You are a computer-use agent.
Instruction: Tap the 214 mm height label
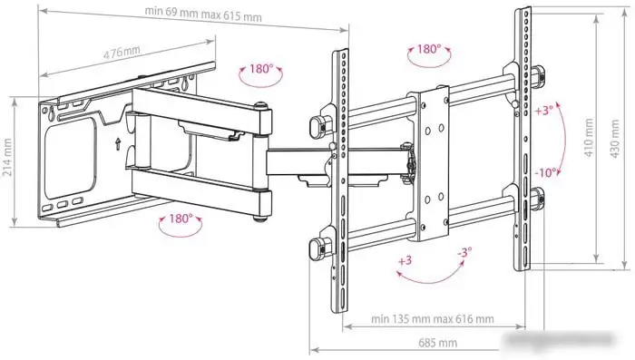coord(9,159)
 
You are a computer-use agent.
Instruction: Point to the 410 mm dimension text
coord(589,137)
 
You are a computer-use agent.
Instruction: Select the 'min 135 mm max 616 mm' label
coord(433,319)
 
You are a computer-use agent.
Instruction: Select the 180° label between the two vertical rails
coord(429,50)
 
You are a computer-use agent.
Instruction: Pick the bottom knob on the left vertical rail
coord(318,245)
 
